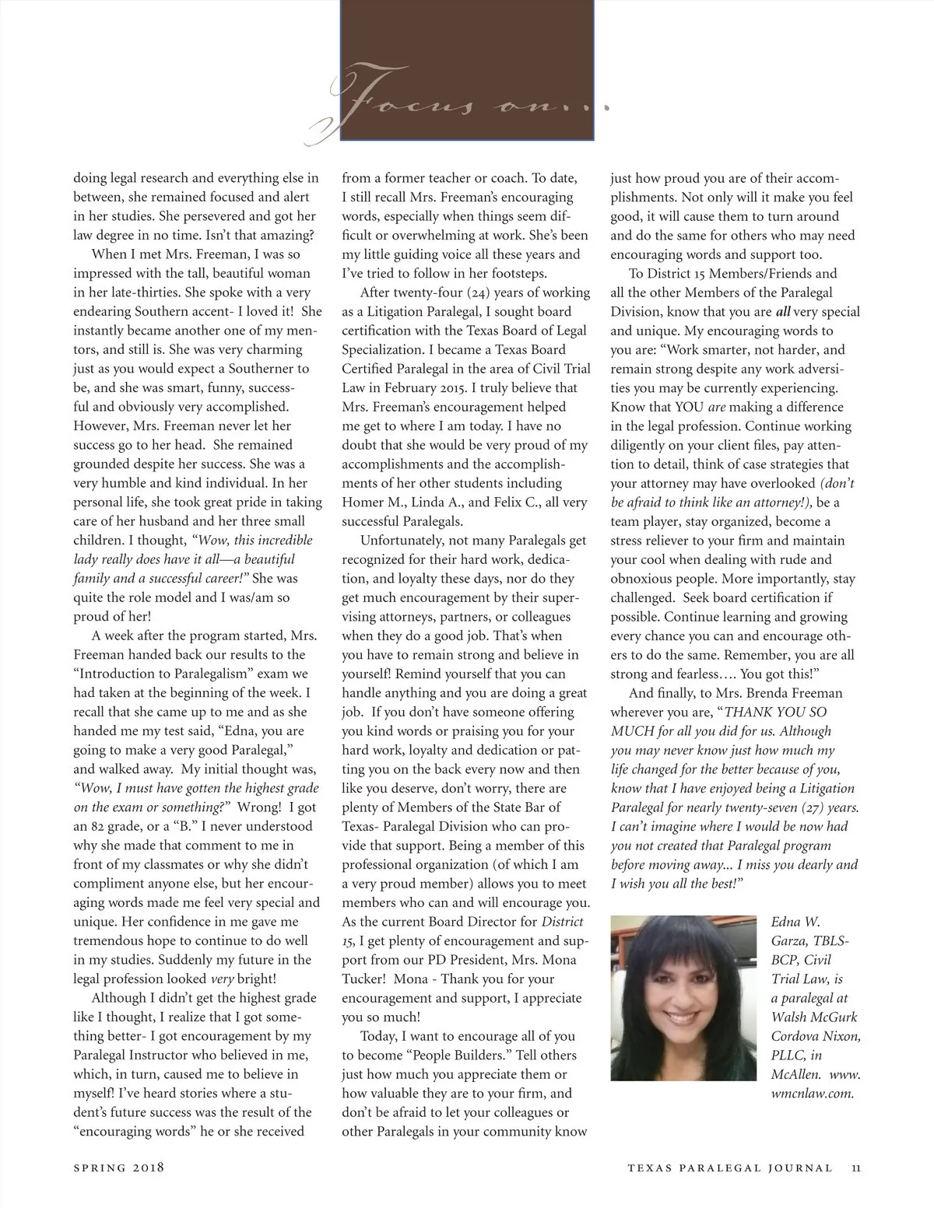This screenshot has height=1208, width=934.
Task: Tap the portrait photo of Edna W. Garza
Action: coord(684,998)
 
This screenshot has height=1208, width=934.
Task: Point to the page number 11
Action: coord(855,1167)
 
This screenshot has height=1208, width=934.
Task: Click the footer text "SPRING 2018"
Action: coord(119,1167)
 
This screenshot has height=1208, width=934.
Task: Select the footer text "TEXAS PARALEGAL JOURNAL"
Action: coord(730,1167)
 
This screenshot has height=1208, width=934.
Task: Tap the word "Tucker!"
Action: coord(366,979)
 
